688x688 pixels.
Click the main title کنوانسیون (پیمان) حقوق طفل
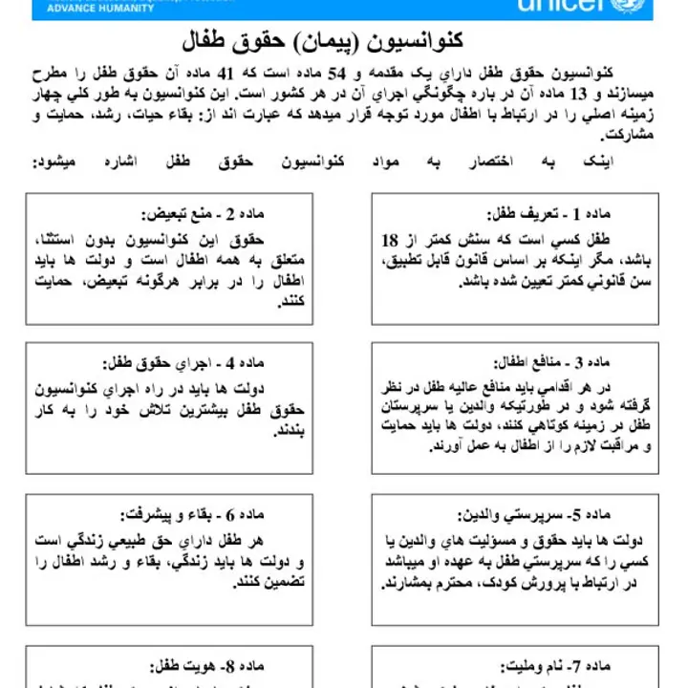322,41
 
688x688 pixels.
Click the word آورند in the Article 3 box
452,445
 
